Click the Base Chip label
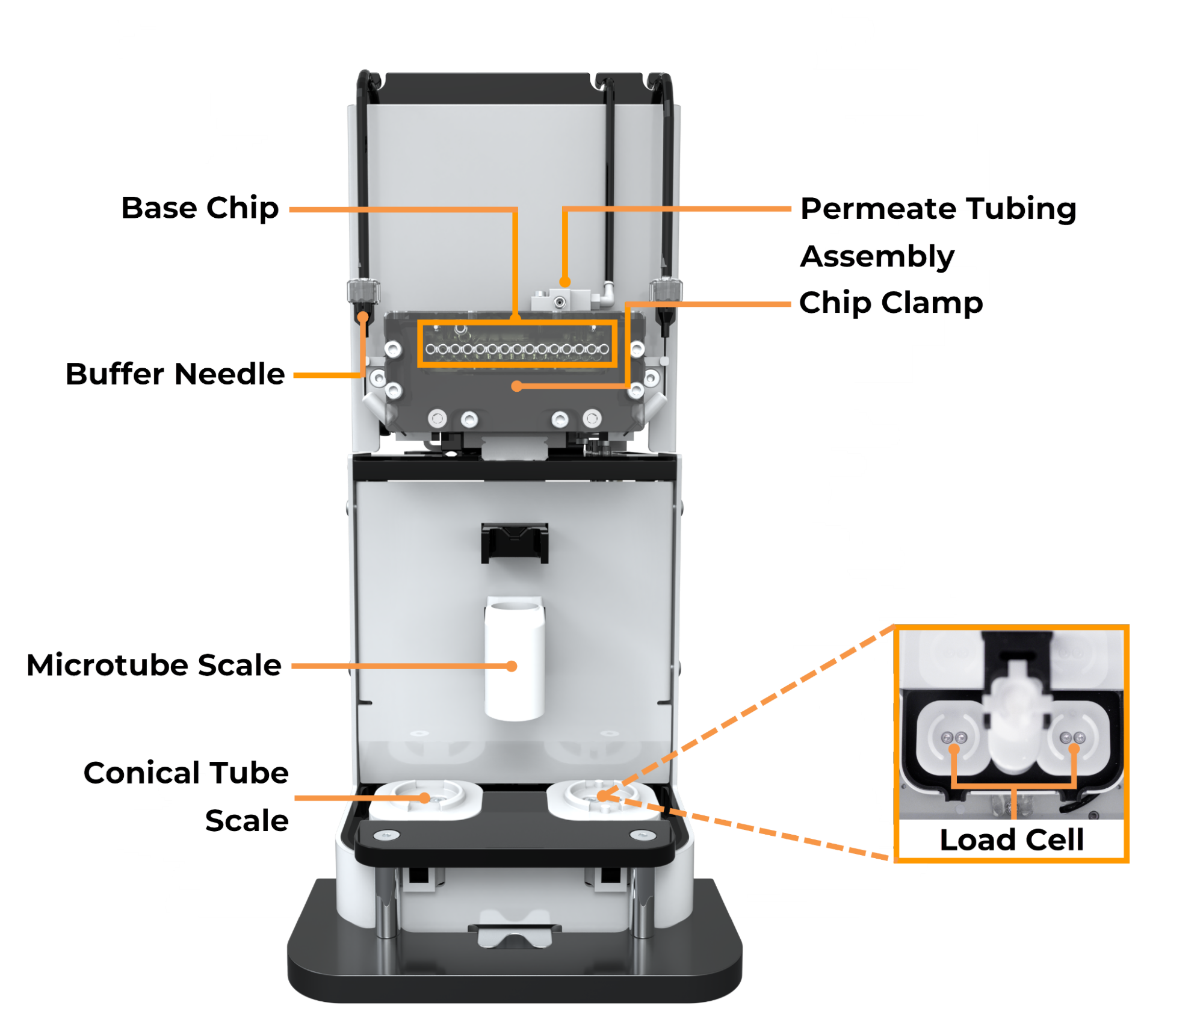(200, 209)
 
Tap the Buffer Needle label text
(175, 374)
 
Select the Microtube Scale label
(154, 665)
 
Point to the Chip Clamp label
(891, 303)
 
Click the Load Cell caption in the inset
(1011, 839)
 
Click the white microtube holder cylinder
(515, 658)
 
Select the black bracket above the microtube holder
(515, 543)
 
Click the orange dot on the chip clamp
(516, 386)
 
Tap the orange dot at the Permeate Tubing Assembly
(564, 282)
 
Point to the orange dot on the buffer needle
(363, 317)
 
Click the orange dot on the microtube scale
(512, 666)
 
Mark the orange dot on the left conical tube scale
(424, 798)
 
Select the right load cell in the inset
(1072, 737)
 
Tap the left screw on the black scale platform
(386, 835)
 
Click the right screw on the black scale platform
(642, 835)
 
